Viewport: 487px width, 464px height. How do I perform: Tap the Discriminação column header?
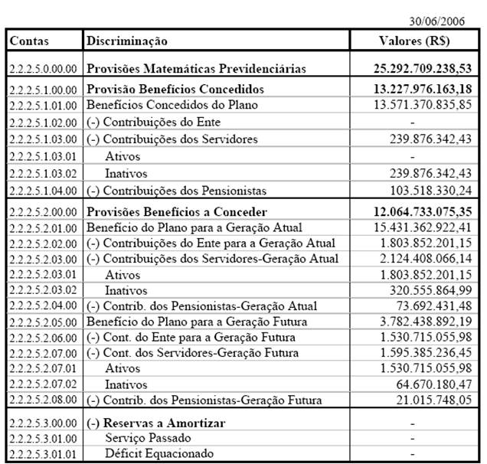tap(127, 40)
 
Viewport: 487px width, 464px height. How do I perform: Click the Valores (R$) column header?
tap(416, 40)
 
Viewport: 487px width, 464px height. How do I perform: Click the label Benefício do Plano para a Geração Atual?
tap(194, 227)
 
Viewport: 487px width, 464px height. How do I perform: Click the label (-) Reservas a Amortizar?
tap(156, 423)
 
